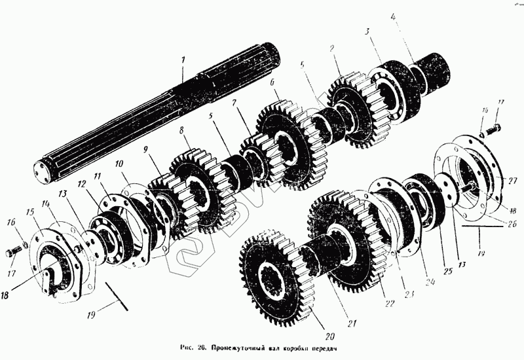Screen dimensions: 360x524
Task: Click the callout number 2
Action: [x=333, y=48]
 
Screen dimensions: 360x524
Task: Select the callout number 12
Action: [x=82, y=185]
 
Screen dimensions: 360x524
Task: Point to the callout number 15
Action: [x=29, y=212]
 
